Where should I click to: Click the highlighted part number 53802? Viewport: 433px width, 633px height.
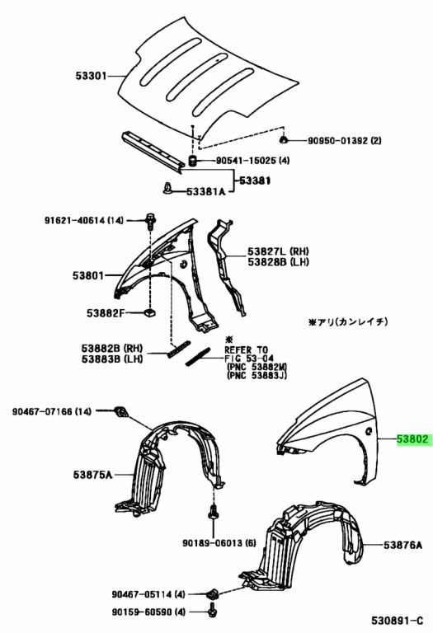click(x=413, y=438)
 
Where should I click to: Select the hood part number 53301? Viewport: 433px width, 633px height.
click(x=91, y=76)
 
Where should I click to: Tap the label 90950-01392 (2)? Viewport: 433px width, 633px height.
click(x=345, y=140)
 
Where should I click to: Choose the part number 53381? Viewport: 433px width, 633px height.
click(x=255, y=181)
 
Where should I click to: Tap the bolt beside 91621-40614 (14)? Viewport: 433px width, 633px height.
click(x=151, y=219)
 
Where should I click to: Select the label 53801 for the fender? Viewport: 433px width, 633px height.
click(x=88, y=276)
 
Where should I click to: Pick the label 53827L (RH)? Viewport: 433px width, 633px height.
click(x=278, y=251)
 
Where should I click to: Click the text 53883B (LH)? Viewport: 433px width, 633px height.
click(x=112, y=359)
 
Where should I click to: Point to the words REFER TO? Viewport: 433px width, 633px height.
click(x=246, y=349)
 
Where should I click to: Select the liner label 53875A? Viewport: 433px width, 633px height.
click(x=92, y=475)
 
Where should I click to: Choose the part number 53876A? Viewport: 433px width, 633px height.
click(x=403, y=545)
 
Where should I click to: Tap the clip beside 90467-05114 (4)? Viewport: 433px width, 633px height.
click(x=213, y=593)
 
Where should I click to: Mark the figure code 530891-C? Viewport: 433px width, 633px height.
click(x=398, y=620)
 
